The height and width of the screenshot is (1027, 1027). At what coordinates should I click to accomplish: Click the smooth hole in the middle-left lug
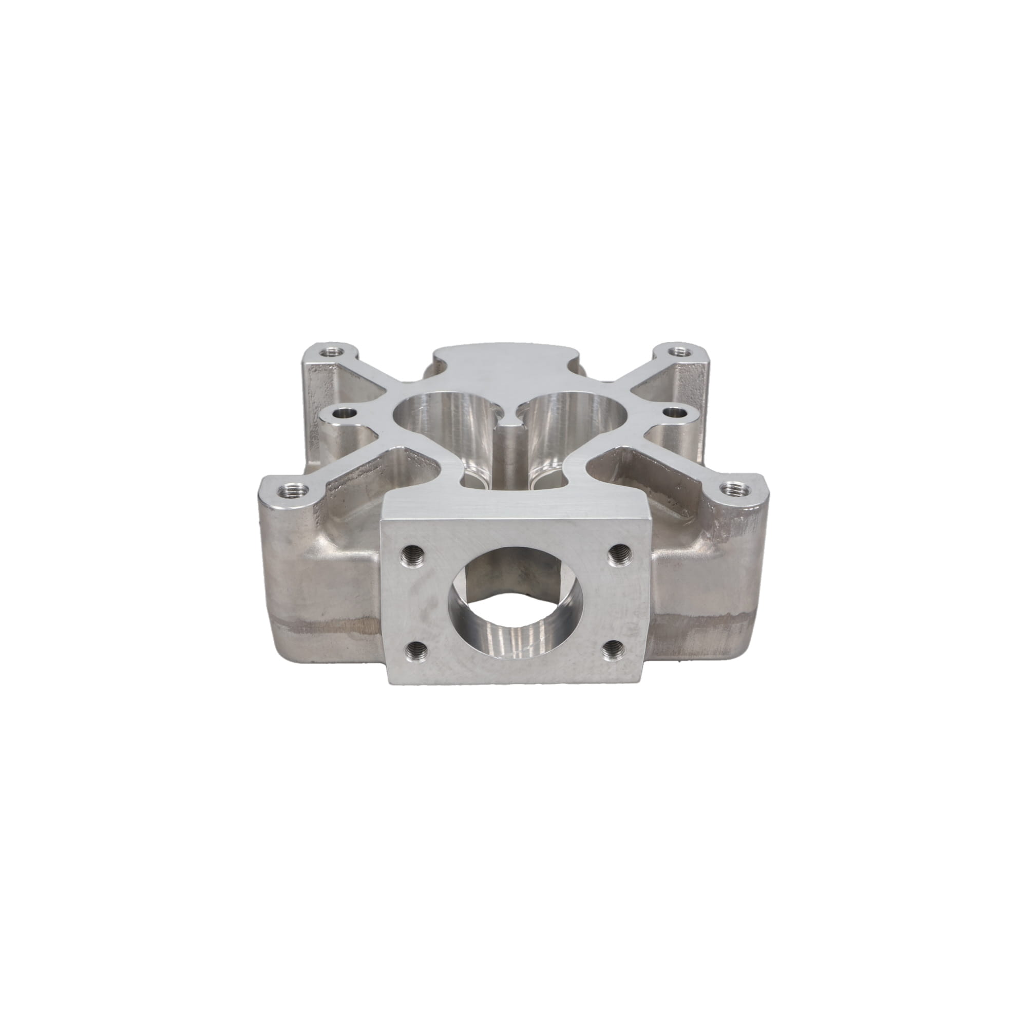click(x=348, y=411)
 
